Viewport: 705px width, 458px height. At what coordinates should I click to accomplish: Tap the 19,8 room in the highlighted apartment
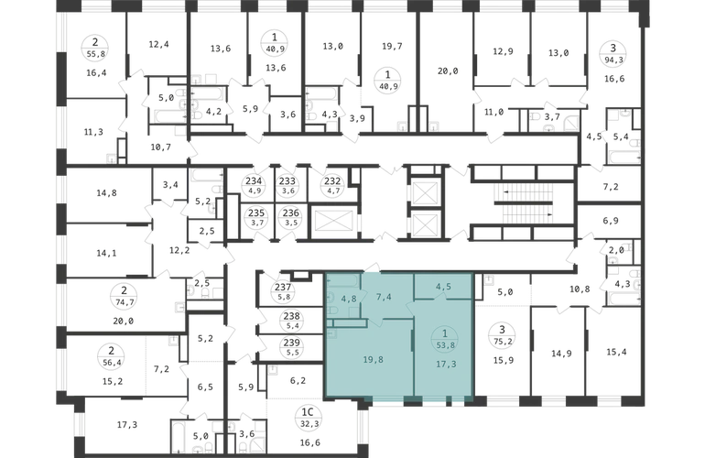point(374,359)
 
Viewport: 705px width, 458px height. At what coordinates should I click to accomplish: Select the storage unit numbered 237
point(283,291)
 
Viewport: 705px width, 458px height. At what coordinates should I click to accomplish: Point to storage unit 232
point(332,185)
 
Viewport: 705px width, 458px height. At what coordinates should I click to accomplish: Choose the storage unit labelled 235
point(256,217)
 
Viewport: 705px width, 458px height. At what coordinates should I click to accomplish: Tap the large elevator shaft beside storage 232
point(333,221)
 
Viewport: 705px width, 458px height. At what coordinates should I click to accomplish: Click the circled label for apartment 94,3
point(613,53)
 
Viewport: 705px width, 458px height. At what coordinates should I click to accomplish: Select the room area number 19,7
point(392,46)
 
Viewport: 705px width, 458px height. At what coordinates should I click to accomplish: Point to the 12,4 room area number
point(158,44)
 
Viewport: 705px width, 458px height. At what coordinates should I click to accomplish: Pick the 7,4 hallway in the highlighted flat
point(383,297)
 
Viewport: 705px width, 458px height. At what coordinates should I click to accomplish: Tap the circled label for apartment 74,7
point(125,296)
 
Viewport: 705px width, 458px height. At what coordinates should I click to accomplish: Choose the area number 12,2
point(179,251)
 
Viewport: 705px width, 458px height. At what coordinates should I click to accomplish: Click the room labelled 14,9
point(561,354)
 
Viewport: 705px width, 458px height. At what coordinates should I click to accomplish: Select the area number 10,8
point(580,289)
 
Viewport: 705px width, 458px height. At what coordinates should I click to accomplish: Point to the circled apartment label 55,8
point(95,49)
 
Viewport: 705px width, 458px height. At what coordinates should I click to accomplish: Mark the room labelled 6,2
point(298,381)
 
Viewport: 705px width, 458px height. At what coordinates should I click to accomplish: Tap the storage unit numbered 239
point(292,347)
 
